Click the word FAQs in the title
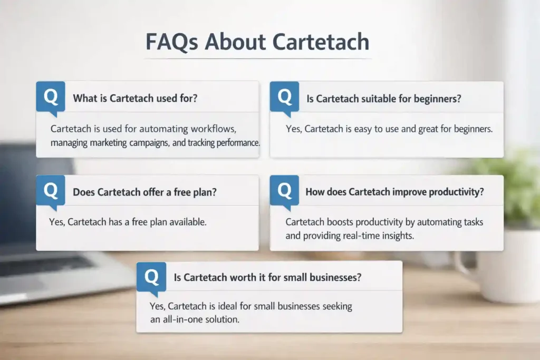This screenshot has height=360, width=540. coord(172,42)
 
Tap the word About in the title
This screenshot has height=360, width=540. coord(235,42)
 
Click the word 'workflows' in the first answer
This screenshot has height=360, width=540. coord(214,129)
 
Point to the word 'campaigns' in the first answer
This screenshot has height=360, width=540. coord(149,143)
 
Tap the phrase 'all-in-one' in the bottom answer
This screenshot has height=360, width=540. coord(182,319)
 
